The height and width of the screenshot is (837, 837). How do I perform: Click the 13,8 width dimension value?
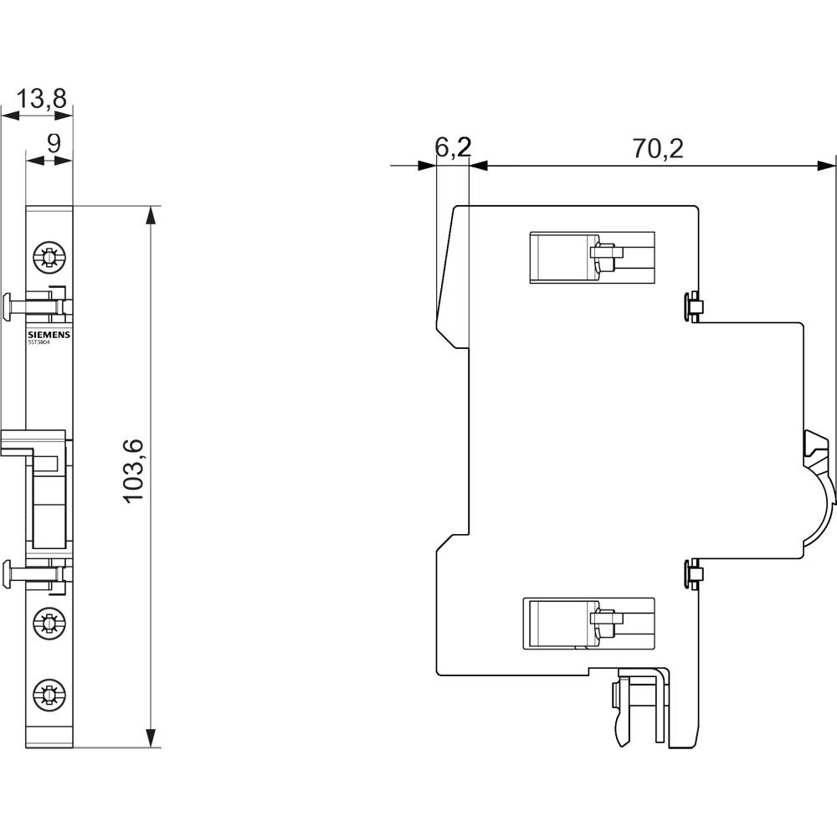[x=42, y=99]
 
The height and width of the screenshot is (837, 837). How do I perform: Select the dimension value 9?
[x=53, y=142]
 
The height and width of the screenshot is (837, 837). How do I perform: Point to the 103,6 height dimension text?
[x=135, y=470]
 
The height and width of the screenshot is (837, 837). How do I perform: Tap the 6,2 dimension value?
[x=453, y=148]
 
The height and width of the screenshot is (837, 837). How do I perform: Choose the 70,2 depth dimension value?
[x=657, y=148]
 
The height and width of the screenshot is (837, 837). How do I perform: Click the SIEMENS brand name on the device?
[x=49, y=334]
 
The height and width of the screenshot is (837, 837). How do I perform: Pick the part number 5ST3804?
[x=39, y=341]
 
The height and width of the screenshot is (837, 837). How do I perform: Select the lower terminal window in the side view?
[x=588, y=623]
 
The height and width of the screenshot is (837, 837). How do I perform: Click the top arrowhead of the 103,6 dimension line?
[x=150, y=215]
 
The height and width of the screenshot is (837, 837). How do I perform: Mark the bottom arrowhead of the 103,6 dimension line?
[x=150, y=737]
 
